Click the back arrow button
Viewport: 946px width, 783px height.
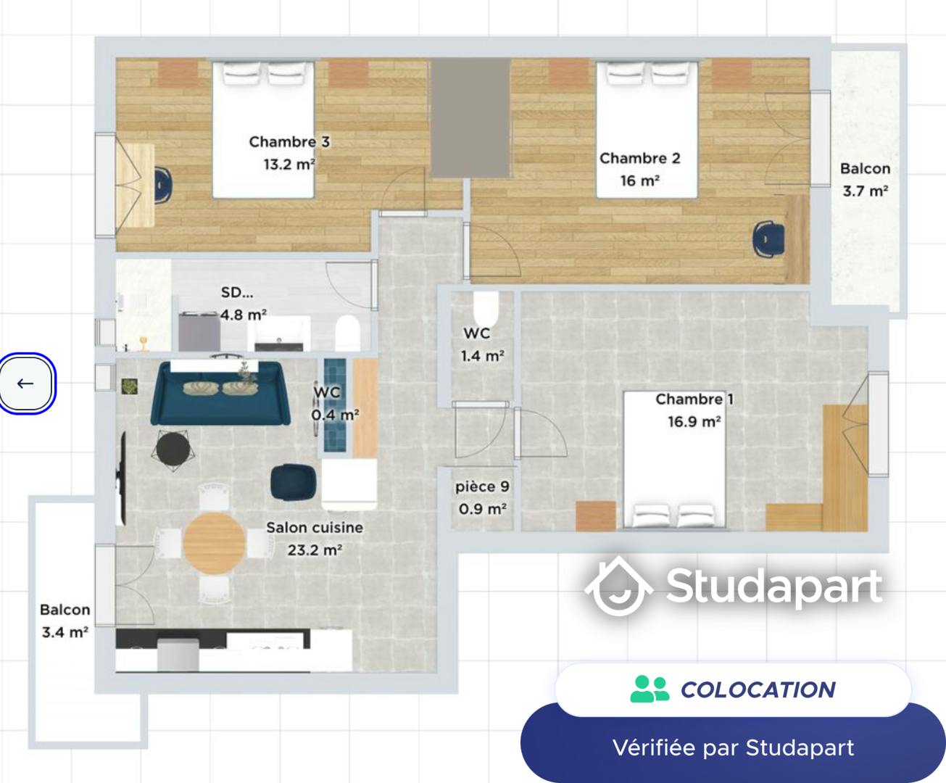tap(26, 384)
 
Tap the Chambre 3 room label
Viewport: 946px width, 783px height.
tap(289, 142)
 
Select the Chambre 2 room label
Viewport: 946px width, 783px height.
tap(639, 158)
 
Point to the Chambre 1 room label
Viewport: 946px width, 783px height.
tap(694, 399)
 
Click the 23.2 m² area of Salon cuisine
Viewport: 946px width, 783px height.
tap(314, 550)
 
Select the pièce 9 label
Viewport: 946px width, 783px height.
tap(482, 487)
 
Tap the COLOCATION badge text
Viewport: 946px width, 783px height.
tap(758, 689)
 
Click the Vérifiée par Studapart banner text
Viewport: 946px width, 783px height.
tap(733, 747)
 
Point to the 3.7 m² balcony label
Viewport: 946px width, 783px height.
tap(865, 191)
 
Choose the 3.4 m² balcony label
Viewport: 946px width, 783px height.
tap(65, 632)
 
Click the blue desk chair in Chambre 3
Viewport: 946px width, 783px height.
tap(162, 184)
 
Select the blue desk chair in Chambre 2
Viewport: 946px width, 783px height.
tap(768, 239)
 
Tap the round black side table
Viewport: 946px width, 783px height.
tap(173, 448)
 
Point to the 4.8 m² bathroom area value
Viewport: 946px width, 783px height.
tap(244, 315)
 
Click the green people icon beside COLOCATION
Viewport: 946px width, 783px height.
tap(649, 689)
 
